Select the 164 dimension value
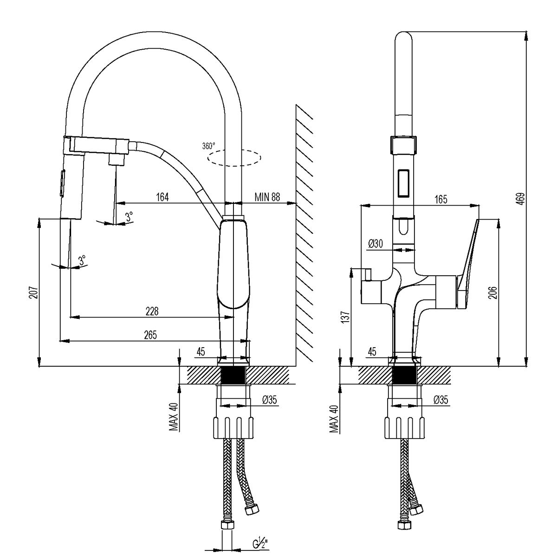coord(162,197)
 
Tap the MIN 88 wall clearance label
coord(267,197)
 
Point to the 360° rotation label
coord(209,146)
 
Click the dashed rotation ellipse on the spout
coord(234,158)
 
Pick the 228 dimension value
coord(152,311)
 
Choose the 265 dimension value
coord(149,335)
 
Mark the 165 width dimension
coord(440,199)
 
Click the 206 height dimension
coord(493,292)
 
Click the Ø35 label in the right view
coord(440,400)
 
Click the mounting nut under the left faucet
coord(234,427)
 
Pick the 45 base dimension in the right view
coord(372,352)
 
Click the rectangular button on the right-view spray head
coord(403,182)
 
